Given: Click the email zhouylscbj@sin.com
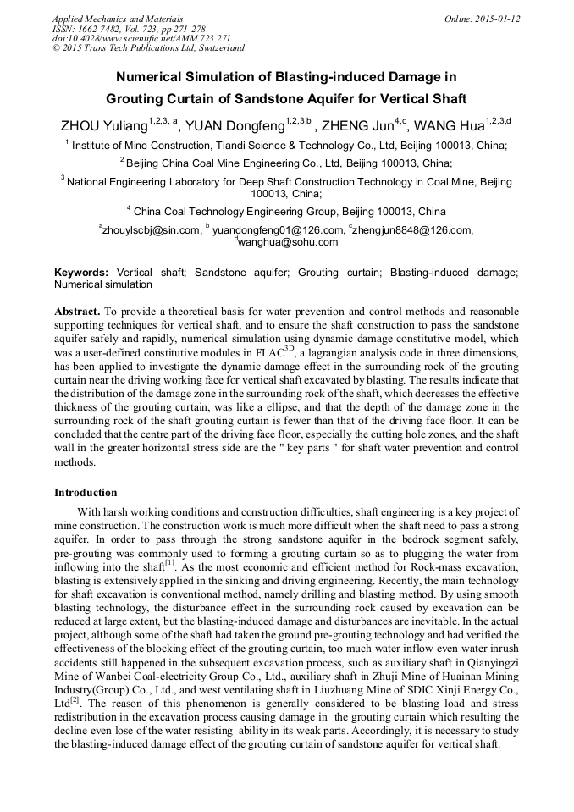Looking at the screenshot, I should tap(151, 229).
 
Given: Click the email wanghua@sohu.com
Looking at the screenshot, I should tap(288, 242).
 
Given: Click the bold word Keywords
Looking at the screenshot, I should tap(80, 273).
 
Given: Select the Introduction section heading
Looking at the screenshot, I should tap(86, 493).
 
